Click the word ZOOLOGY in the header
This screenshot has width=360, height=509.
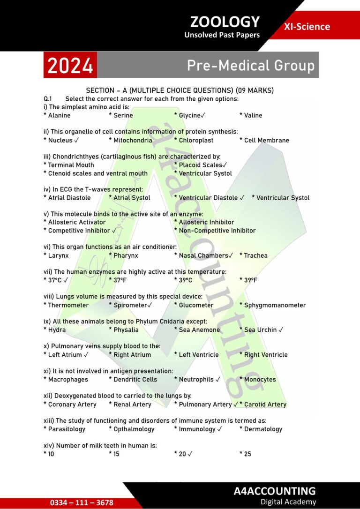(x=225, y=22)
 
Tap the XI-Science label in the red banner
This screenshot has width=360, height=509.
(x=307, y=27)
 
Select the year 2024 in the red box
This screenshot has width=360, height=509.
(x=70, y=66)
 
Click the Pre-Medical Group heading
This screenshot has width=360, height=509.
(x=250, y=66)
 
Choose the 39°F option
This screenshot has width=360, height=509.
(x=250, y=280)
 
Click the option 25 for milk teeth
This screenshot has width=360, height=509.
(x=247, y=454)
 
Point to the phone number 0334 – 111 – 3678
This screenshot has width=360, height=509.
(x=82, y=502)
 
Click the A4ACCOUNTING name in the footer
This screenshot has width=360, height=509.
(x=275, y=491)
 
